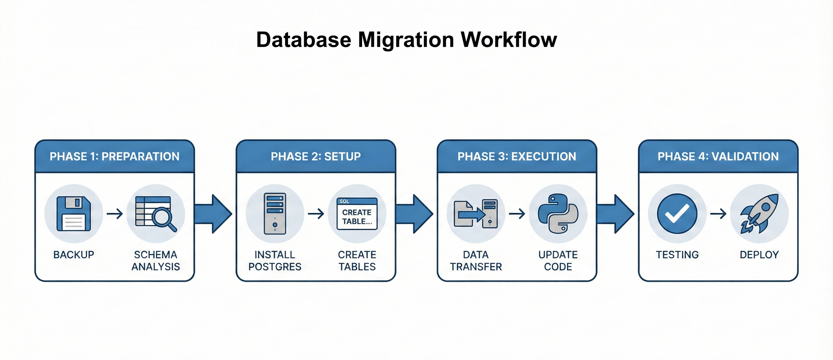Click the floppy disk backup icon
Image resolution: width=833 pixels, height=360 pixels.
pos(74,214)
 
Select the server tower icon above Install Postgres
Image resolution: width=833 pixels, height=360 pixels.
pos(275,214)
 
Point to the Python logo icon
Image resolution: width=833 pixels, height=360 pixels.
pos(558,214)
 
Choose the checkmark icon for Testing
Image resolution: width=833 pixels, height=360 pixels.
pos(677,214)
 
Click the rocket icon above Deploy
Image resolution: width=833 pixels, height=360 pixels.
pos(760,214)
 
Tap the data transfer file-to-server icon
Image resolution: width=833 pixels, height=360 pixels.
pos(476,214)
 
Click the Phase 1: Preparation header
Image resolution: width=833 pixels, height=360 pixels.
pos(114,156)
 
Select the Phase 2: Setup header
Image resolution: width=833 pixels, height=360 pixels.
pos(316,156)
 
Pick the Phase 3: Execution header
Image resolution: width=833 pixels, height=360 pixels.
pos(517,156)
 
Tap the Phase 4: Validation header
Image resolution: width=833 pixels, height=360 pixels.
pos(718,156)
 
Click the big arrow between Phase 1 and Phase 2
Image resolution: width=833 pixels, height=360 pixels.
pos(214,214)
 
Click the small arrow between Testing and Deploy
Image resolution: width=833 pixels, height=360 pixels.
pos(718,214)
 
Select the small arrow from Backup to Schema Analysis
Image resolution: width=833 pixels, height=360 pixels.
pos(115,214)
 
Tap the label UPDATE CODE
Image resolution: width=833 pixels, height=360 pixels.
pos(558,261)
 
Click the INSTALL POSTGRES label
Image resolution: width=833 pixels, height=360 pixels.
pos(275,261)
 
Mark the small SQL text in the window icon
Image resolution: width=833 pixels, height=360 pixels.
pos(344,201)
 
